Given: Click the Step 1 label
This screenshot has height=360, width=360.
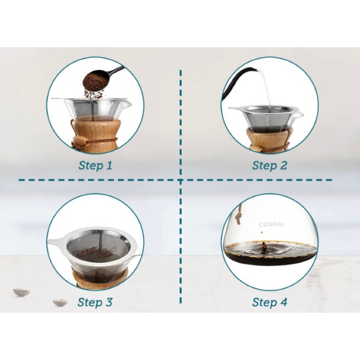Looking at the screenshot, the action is [x=95, y=165].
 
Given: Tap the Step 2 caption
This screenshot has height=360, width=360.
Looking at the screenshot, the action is [x=270, y=165].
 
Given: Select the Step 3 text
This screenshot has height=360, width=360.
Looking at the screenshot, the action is [x=95, y=302].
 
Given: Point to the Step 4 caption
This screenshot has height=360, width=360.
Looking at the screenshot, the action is [x=270, y=302].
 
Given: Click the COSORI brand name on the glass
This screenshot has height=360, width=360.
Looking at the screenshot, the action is [x=271, y=225].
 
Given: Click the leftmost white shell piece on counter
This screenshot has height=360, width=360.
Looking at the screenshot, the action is [x=22, y=292].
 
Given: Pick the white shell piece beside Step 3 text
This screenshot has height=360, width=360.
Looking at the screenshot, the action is [x=60, y=302].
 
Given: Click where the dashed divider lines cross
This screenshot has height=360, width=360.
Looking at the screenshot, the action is [x=180, y=180].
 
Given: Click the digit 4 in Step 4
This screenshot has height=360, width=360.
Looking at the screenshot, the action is [x=283, y=302].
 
